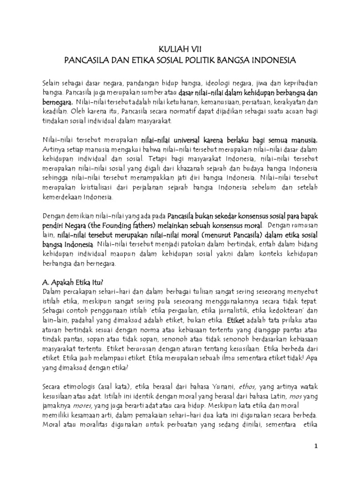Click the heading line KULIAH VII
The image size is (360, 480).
point(180,48)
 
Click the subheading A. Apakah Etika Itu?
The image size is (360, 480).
point(73,282)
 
